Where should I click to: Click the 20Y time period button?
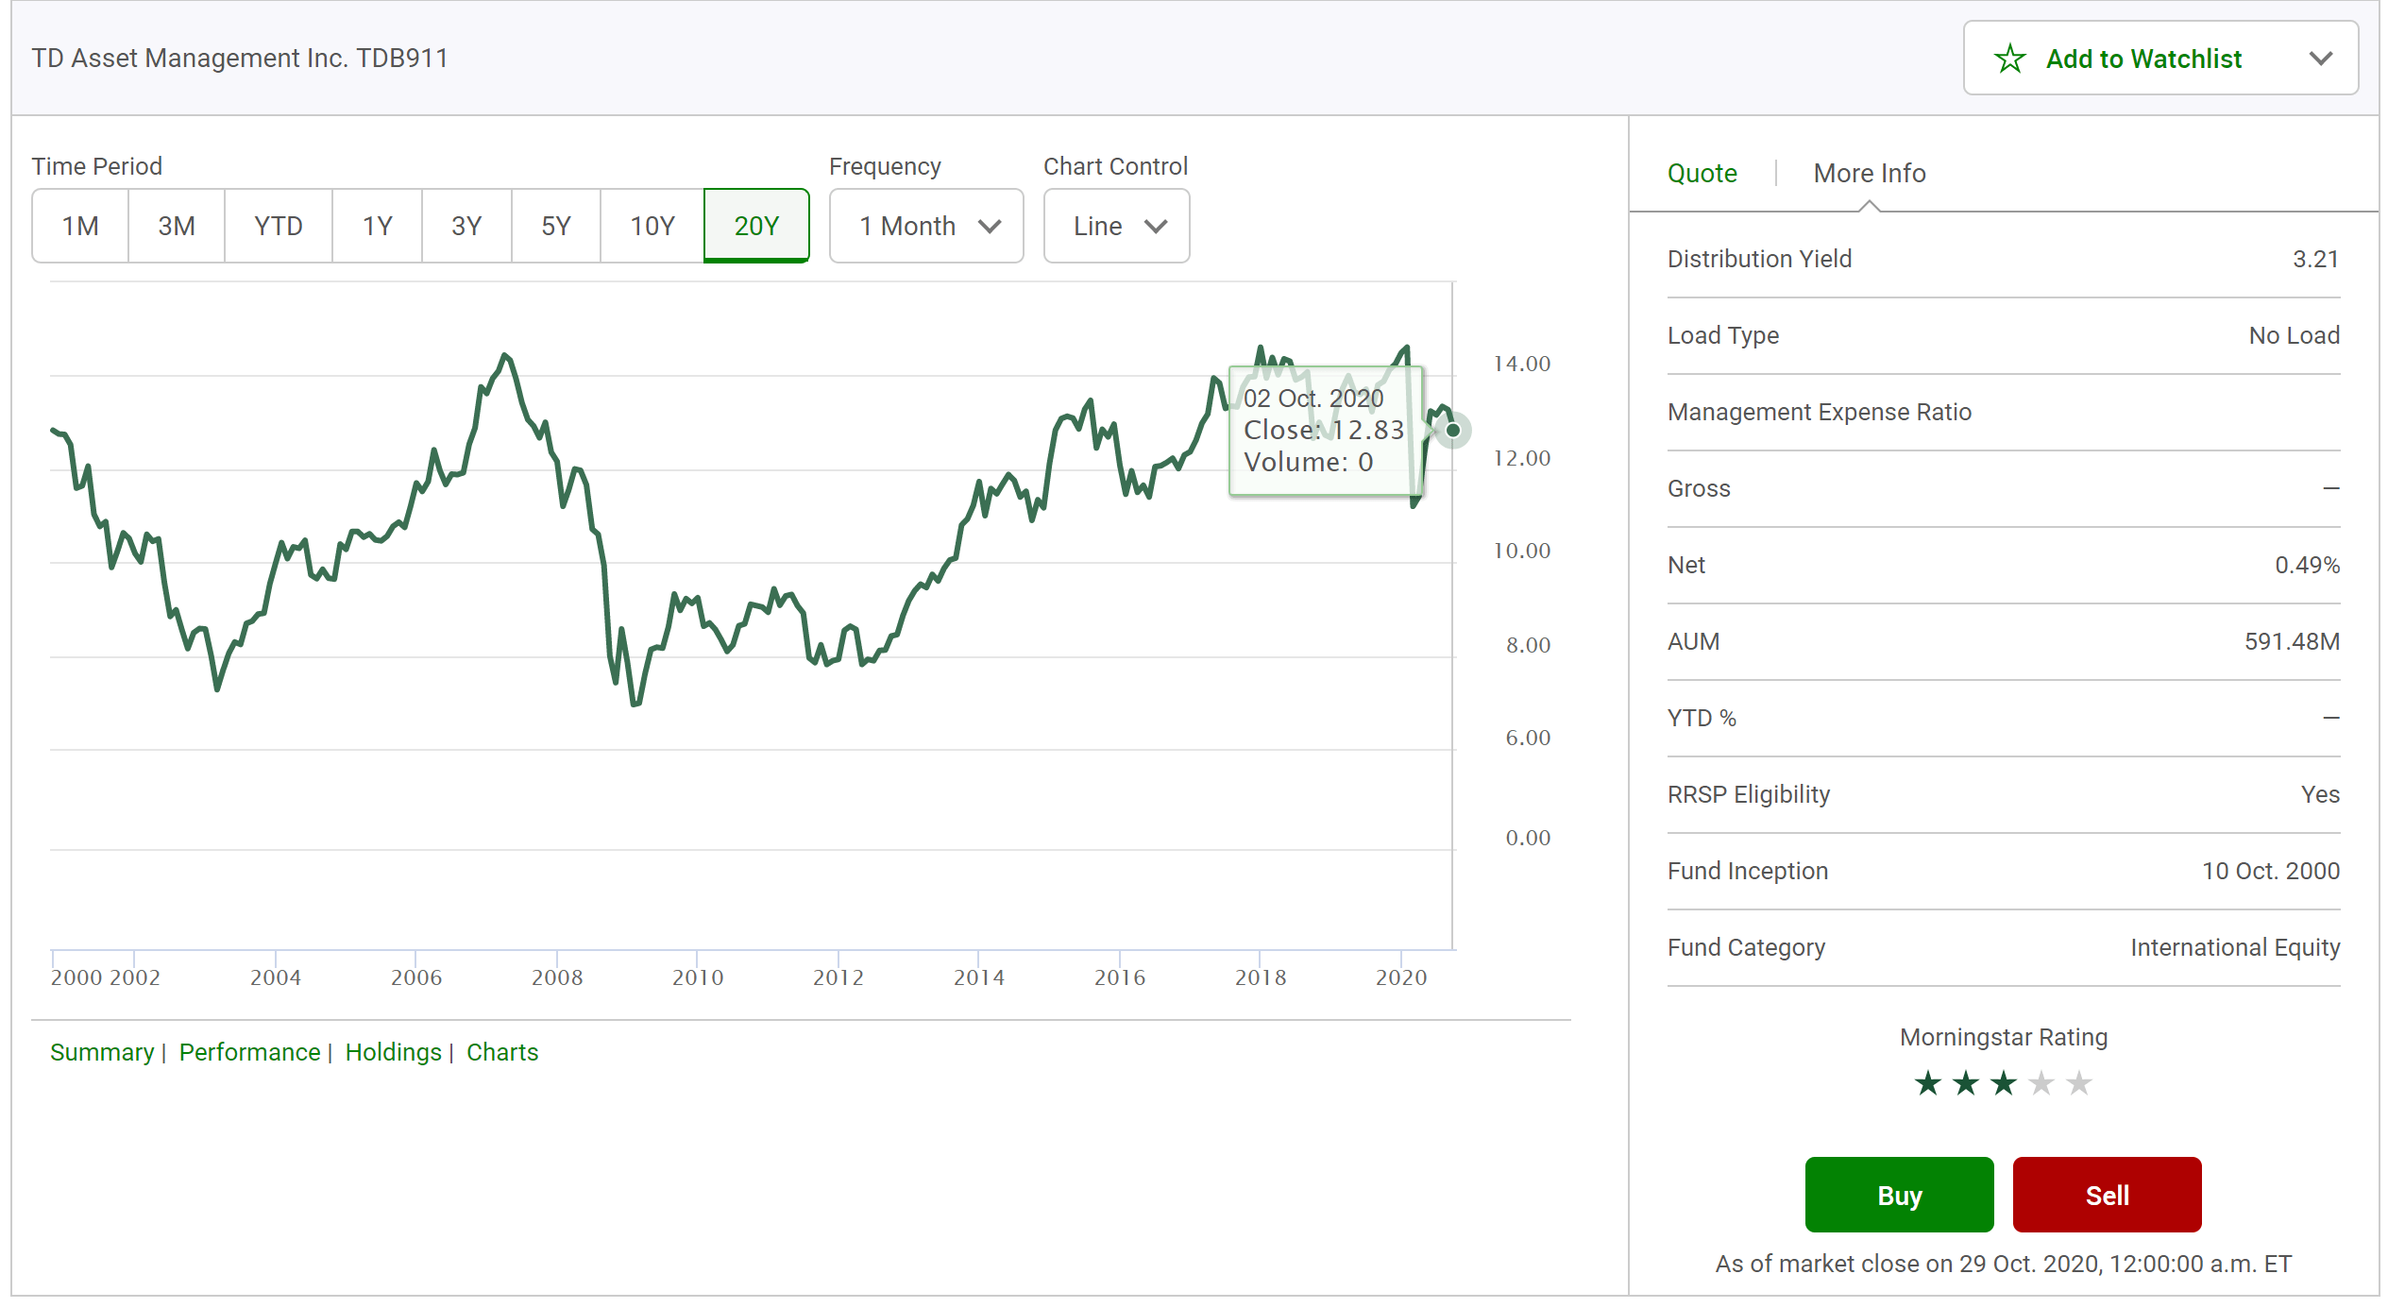point(755,226)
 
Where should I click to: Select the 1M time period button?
point(80,226)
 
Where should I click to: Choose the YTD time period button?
point(278,226)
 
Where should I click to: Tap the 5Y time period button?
point(555,226)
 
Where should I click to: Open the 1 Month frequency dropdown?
point(925,226)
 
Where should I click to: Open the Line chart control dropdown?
point(1116,226)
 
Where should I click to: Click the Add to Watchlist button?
point(2142,59)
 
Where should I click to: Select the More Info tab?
point(1869,174)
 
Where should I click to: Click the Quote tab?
point(1702,174)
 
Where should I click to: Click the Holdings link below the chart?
point(393,1052)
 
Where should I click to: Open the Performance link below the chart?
point(249,1052)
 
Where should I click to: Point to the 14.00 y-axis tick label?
point(1521,364)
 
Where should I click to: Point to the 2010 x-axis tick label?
point(698,977)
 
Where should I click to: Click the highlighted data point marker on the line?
point(1453,431)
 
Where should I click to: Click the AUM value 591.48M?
point(2292,642)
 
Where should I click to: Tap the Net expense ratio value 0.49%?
point(2307,566)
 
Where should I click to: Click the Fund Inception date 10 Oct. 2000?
point(2270,871)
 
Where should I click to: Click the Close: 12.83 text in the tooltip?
point(1323,431)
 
